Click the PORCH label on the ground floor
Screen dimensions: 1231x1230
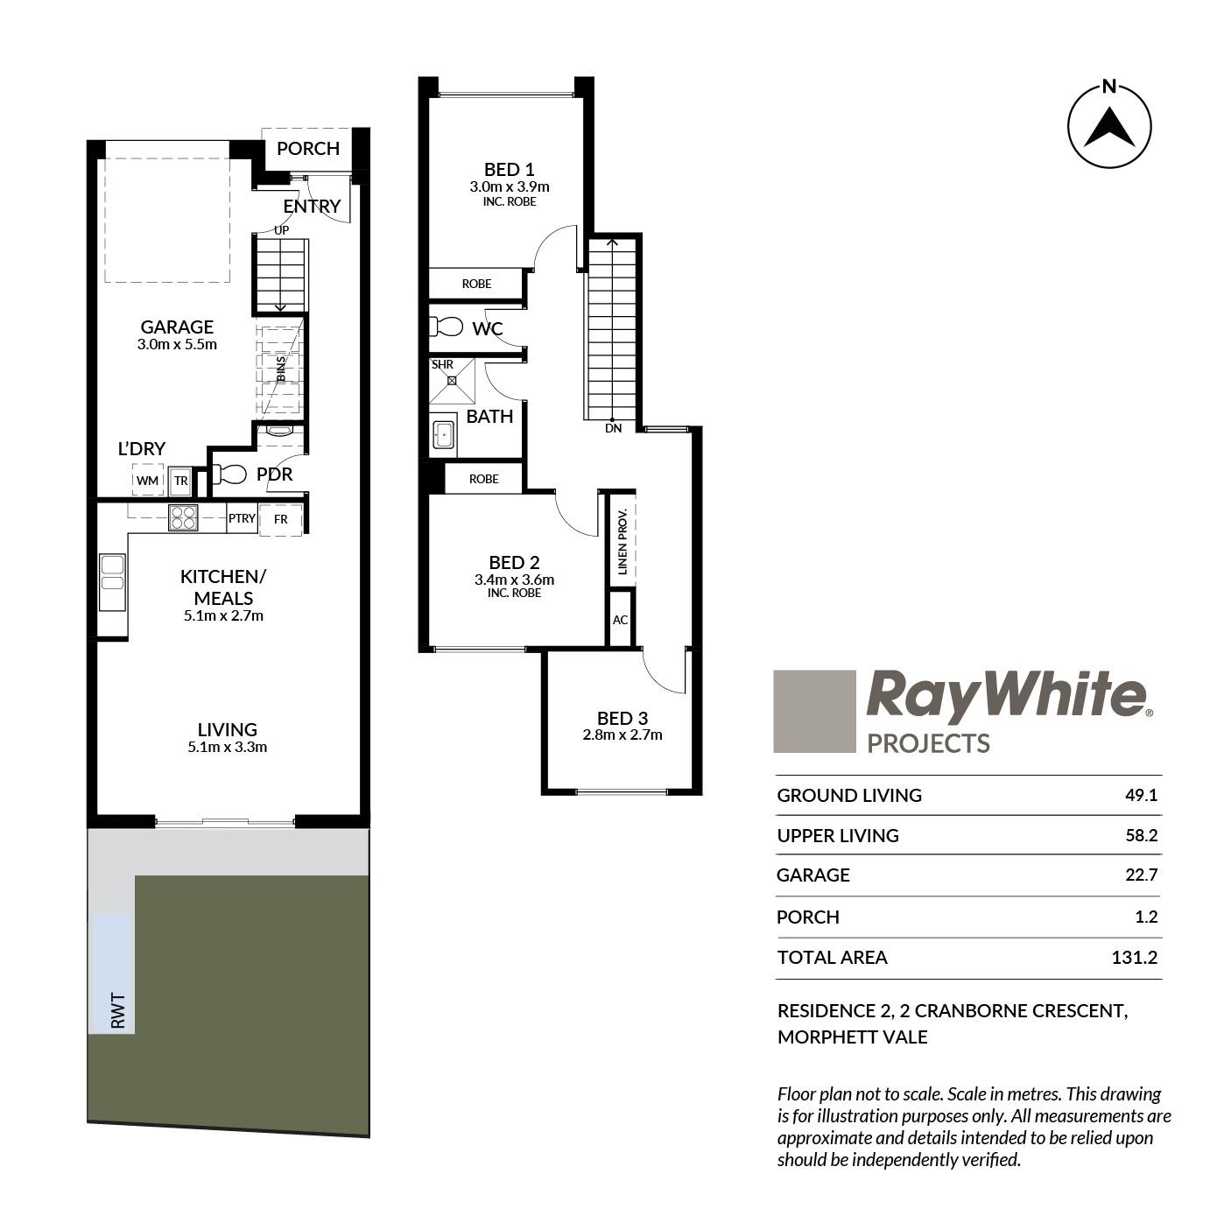(x=308, y=148)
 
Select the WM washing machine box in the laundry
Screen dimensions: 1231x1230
(x=148, y=480)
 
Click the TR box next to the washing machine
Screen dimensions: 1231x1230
(x=180, y=481)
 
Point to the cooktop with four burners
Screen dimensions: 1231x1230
(x=183, y=517)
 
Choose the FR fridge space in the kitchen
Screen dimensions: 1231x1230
(x=280, y=519)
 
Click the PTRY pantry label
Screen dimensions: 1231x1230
(x=243, y=518)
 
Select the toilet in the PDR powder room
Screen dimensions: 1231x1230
(x=229, y=474)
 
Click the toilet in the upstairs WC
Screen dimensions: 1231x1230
(x=446, y=327)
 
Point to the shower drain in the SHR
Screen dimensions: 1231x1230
(x=452, y=381)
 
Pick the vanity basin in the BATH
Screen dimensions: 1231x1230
(x=443, y=435)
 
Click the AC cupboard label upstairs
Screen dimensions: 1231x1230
(x=620, y=620)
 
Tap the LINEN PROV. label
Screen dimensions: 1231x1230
(x=623, y=540)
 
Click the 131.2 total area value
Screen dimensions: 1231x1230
(x=1134, y=957)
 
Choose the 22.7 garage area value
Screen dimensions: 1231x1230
(x=1141, y=874)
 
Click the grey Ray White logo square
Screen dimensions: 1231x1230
(x=814, y=711)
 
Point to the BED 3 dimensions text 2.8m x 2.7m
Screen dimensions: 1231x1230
(x=623, y=734)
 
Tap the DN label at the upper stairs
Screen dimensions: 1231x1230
(x=613, y=428)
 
